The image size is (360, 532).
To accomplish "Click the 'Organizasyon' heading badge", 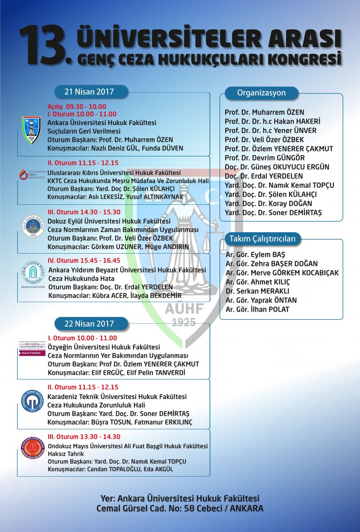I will point(261,93).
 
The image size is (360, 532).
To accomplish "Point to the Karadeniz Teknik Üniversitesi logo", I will point(32,401).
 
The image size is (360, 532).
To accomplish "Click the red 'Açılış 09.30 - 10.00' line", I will point(77,106).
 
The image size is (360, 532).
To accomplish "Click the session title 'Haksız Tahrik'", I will point(67,454).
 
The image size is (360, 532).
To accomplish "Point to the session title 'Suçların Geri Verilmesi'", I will point(84,131).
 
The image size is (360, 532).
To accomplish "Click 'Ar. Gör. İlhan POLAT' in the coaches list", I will point(257,309).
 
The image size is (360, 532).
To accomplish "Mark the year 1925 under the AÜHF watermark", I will point(184,322).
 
